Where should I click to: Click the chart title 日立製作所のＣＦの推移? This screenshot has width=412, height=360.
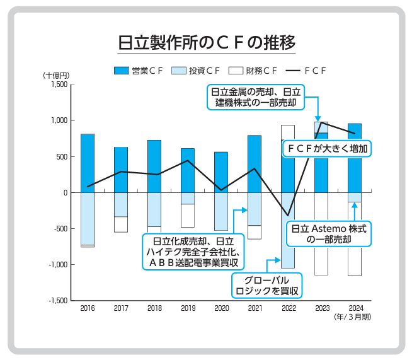[206, 43]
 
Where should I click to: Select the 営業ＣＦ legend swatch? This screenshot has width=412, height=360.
[121, 71]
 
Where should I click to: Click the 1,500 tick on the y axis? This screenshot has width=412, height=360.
[59, 84]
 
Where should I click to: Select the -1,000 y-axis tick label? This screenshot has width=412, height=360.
[57, 265]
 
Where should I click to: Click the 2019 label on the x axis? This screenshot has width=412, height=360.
[188, 308]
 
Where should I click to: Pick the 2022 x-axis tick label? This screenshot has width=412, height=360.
[288, 308]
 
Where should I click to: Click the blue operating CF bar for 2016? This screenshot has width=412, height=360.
[88, 163]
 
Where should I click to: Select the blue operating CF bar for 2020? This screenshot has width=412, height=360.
[221, 172]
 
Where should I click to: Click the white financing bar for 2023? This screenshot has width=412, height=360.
[321, 234]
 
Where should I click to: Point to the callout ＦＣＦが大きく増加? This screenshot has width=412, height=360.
[326, 148]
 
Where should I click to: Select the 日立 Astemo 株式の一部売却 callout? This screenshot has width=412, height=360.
[328, 233]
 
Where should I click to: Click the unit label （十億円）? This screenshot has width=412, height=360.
[56, 76]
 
